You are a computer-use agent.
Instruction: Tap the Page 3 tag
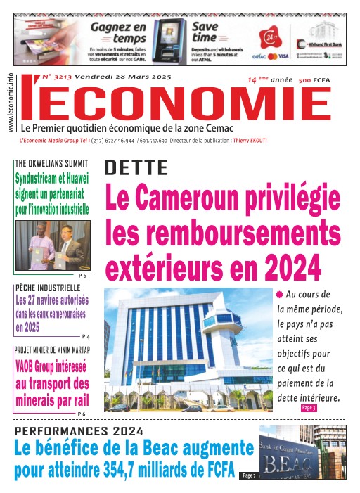(x=308, y=408)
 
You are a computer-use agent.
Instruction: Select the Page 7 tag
(x=248, y=475)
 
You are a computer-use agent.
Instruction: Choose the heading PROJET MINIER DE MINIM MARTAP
(x=52, y=350)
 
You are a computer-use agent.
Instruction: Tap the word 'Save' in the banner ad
(x=205, y=27)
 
